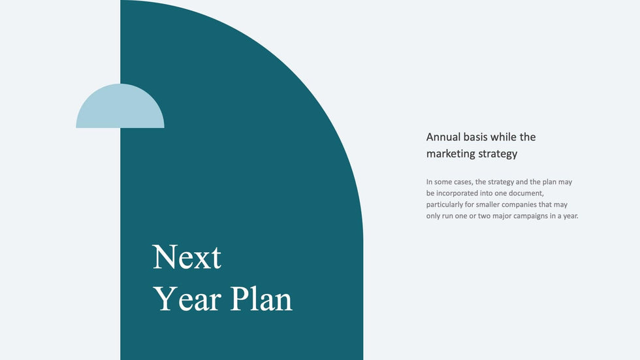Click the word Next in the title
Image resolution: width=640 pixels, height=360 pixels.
click(187, 257)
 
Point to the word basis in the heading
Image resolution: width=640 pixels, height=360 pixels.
click(480, 137)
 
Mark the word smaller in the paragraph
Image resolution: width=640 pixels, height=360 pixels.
click(498, 205)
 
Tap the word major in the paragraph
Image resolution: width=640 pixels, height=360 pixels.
click(500, 216)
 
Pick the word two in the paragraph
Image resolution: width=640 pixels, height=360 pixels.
click(483, 216)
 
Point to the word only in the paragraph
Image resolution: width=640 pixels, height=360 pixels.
click(434, 216)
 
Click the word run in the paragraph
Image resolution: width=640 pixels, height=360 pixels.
click(449, 216)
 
